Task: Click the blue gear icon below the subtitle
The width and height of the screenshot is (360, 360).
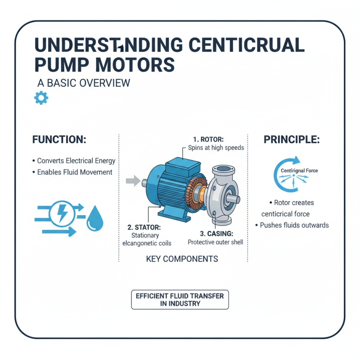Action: click(40, 98)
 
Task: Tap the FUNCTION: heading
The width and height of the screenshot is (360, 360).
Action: click(59, 140)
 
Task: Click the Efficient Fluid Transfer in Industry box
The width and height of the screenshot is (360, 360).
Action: click(180, 299)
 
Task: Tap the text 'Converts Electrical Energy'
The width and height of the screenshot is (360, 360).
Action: click(74, 161)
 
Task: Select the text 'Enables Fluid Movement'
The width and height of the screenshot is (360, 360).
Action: click(72, 172)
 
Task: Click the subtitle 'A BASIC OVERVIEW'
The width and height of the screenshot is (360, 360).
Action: click(83, 83)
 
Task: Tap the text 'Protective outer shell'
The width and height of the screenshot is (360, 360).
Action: click(215, 242)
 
